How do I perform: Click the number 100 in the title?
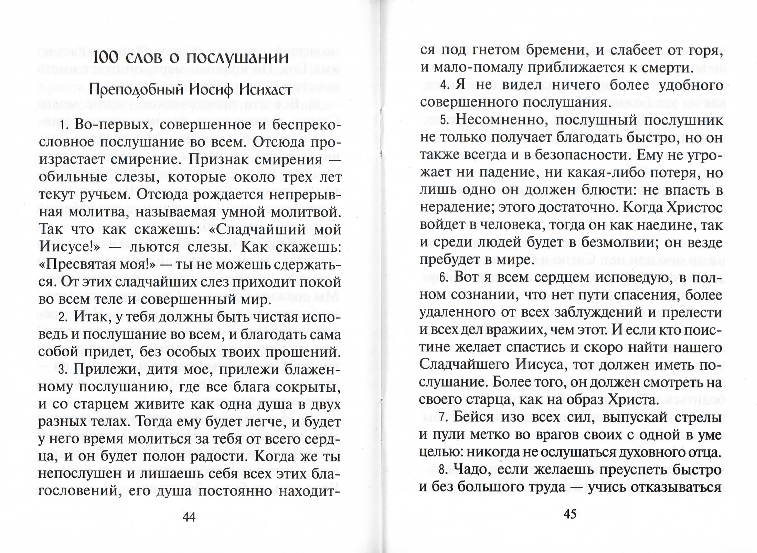pos(107,58)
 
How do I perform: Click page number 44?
pos(189,517)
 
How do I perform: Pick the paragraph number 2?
pos(62,317)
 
